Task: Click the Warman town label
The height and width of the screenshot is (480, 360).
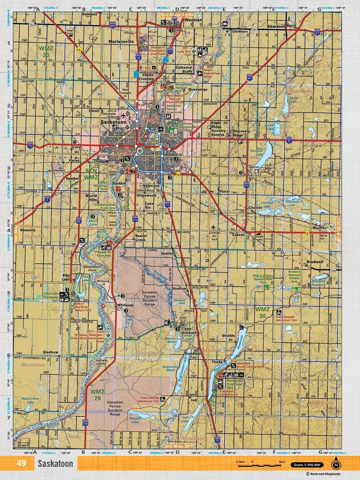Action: pos(193,20)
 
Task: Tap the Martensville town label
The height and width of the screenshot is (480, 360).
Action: pos(121,42)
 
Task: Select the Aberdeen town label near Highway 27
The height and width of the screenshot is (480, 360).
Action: pos(276,26)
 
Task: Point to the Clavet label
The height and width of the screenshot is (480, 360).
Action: pos(238,234)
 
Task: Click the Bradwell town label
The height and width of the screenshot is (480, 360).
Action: pos(315,262)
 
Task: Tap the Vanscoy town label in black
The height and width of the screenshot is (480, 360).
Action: pos(27,230)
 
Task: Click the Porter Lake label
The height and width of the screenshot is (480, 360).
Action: pos(294,100)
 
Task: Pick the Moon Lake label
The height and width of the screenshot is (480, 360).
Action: pos(93,222)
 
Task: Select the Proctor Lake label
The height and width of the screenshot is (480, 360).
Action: pos(135,420)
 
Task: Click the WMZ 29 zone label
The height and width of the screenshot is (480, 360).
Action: pos(97,395)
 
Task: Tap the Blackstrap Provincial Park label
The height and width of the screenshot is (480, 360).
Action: pos(234,384)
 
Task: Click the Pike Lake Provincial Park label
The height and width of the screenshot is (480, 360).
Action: pos(51,297)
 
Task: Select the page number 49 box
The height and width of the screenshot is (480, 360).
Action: pos(21,463)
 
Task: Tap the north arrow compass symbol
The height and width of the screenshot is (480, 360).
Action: pos(336,464)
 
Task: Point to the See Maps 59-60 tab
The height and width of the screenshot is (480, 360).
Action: pos(177,14)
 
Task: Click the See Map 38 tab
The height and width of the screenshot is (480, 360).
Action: pos(177,446)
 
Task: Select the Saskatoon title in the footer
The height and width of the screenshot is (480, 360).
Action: pos(55,464)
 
